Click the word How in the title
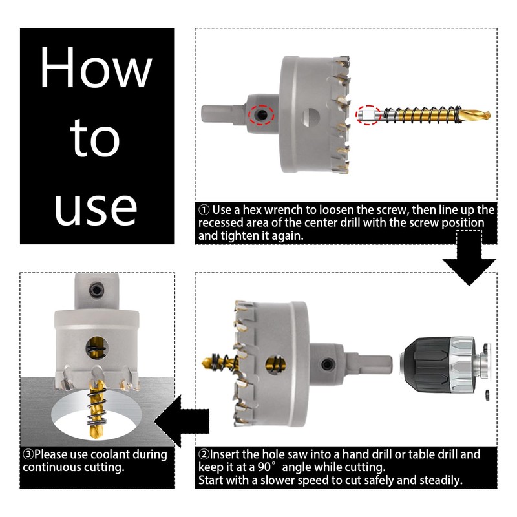click(x=96, y=67)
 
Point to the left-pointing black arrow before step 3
click(x=182, y=421)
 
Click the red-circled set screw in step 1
click(x=262, y=115)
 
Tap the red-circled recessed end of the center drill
click(x=368, y=115)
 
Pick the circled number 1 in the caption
click(x=204, y=209)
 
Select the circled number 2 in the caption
click(x=204, y=455)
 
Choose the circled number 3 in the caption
click(x=28, y=455)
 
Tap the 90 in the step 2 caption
click(x=264, y=467)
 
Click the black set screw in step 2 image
click(x=328, y=364)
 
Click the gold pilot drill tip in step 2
click(x=208, y=363)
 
